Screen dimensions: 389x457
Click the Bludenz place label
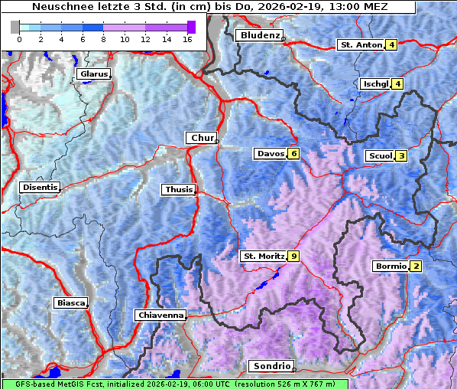[x=258, y=36]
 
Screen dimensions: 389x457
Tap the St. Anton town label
[x=360, y=45]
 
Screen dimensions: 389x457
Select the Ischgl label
[x=375, y=83]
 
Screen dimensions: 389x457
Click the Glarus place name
[x=92, y=74]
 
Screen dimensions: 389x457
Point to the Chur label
[x=201, y=138]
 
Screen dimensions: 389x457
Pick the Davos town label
[x=271, y=154]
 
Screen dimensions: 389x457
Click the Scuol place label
[x=380, y=156]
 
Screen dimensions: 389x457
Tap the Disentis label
[x=39, y=187]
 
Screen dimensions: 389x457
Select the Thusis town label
[x=178, y=189]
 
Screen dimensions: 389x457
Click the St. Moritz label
[x=263, y=256]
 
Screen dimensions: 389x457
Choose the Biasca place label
[x=70, y=303]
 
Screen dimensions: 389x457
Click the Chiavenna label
[x=160, y=315]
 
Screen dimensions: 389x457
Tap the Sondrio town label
[x=271, y=366]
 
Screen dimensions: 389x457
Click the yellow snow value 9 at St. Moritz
[x=294, y=256]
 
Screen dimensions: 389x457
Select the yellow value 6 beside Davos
[x=293, y=154]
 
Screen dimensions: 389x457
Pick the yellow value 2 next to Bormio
[x=416, y=266]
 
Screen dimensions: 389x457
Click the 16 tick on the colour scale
[x=188, y=38]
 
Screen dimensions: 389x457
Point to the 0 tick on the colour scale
[x=19, y=38]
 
